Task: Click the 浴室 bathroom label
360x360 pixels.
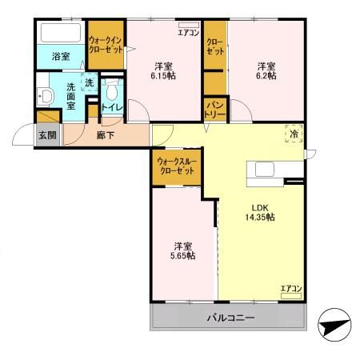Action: [x=62, y=57]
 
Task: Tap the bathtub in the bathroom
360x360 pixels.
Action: [x=62, y=34]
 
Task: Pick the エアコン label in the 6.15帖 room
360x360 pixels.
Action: [x=188, y=33]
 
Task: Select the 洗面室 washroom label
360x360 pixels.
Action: [x=70, y=95]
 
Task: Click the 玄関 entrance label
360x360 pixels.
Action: [x=47, y=135]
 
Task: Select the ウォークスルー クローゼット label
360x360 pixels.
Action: [x=178, y=167]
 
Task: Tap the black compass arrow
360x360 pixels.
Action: [x=335, y=326]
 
